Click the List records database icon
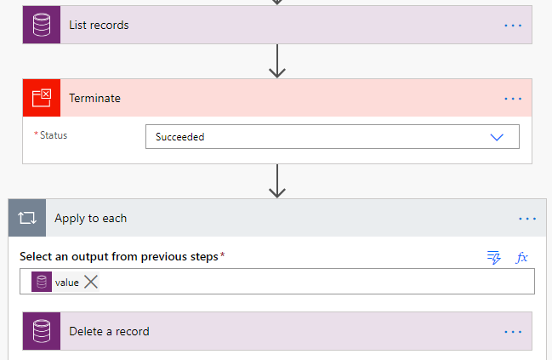(x=41, y=26)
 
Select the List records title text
(x=99, y=26)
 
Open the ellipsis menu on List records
(x=512, y=26)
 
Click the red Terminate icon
(x=41, y=98)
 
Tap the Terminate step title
(x=94, y=99)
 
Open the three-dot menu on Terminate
(x=512, y=99)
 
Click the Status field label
(x=53, y=135)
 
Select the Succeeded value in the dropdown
(x=179, y=137)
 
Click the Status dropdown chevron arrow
(x=498, y=136)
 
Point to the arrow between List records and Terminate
(x=276, y=61)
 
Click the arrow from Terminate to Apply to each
(x=276, y=180)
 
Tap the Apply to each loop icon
(x=26, y=218)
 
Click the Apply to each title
(x=90, y=219)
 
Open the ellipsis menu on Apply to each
(x=527, y=219)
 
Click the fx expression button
(x=522, y=257)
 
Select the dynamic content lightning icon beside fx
(x=494, y=257)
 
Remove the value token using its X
(x=91, y=283)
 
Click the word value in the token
(x=66, y=283)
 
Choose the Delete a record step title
(x=109, y=331)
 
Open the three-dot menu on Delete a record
(x=512, y=332)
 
